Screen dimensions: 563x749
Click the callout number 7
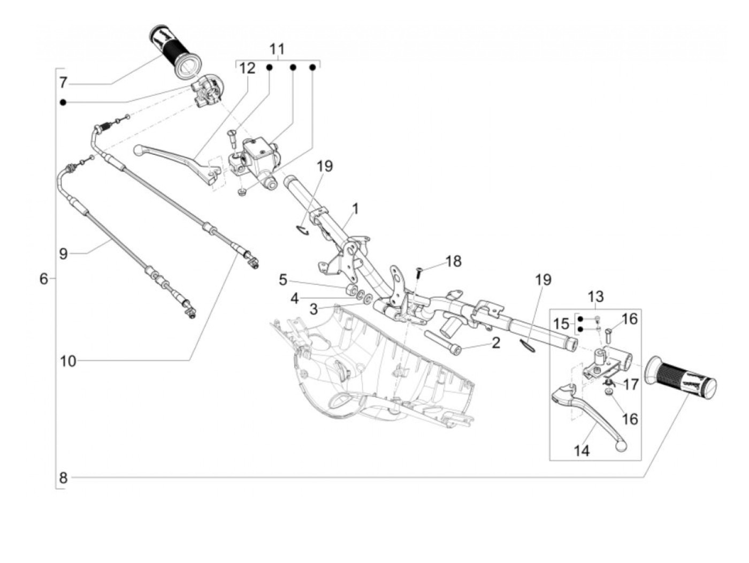64,83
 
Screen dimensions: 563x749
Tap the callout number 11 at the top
277,49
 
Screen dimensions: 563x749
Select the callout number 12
247,68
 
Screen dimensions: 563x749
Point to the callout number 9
64,253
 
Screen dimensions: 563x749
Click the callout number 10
68,361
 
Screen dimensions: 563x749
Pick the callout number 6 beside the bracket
44,279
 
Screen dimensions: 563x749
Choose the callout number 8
63,477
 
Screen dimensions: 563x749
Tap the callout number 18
453,261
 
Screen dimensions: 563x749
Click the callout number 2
495,343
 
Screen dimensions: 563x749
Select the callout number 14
582,451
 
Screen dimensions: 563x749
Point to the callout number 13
595,296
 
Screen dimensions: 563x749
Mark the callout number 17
631,384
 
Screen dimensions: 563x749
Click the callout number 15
562,324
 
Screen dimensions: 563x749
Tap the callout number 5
283,280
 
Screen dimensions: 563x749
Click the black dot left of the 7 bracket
63,102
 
